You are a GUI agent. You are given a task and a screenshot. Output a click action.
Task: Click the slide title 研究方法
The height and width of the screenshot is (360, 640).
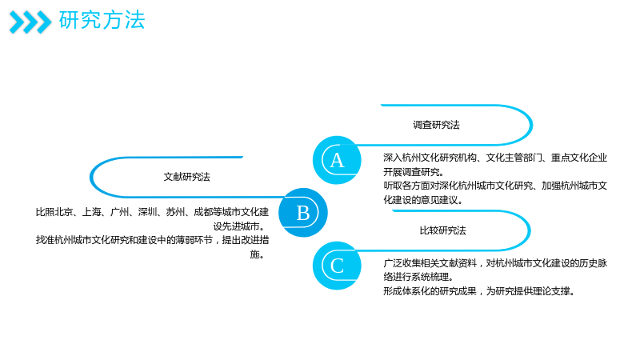102,20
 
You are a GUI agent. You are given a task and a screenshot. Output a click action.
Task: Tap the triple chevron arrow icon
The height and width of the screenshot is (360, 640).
30,22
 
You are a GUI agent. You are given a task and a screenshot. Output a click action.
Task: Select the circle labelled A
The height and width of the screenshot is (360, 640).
337,160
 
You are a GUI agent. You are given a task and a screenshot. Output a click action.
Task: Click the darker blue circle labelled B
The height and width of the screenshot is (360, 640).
303,212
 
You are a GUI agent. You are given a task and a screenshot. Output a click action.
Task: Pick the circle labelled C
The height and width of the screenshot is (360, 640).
337,266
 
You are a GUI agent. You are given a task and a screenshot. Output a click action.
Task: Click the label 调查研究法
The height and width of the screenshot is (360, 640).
436,125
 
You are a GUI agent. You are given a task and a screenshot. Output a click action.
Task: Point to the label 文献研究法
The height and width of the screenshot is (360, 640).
187,177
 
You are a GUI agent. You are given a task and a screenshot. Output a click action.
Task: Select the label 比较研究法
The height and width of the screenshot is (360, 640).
443,230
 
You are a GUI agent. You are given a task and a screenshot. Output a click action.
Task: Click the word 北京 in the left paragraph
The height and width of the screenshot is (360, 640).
64,212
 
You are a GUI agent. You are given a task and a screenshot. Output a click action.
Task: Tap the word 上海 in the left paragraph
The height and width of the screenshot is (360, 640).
91,212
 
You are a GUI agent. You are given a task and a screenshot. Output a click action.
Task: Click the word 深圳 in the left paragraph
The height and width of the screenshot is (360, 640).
147,212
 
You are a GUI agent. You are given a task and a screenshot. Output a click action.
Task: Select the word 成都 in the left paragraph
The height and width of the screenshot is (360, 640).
203,212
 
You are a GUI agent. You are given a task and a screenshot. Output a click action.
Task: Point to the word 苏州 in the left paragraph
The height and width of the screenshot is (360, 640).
175,212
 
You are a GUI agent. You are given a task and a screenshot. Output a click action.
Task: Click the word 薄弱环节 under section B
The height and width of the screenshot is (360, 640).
194,240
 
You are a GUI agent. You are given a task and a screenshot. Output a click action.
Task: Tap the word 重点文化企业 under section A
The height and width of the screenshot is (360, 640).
579,158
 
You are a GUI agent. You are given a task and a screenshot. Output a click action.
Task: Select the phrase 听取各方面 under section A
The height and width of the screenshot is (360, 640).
406,186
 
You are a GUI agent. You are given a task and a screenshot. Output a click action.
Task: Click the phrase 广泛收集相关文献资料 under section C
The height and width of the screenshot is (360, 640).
430,263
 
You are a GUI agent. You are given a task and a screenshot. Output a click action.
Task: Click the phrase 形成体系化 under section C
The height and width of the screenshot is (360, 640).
406,291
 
